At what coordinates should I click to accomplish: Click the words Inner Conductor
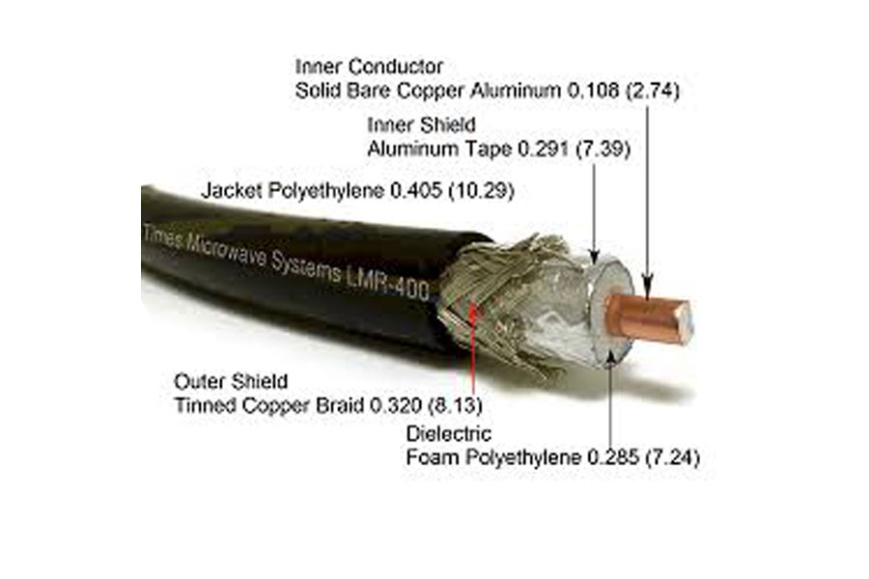pos(369,67)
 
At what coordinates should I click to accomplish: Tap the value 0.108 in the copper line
pos(593,91)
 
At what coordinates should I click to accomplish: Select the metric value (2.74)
pos(653,91)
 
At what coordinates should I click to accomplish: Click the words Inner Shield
pos(421,124)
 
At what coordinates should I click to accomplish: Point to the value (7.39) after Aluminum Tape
pos(603,149)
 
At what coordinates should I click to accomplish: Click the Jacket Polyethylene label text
pos(294,191)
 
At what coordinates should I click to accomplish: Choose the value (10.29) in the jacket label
pos(481,191)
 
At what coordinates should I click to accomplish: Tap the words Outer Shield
pos(231,381)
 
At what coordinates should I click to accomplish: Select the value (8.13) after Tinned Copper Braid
pos(455,405)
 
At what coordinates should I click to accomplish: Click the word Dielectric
pos(448,433)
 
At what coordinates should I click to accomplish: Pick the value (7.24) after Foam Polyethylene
pos(673,457)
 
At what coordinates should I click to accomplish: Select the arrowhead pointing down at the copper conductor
pos(647,282)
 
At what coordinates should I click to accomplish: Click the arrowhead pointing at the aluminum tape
pos(594,256)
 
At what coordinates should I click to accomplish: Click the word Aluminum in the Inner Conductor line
pos(516,91)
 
